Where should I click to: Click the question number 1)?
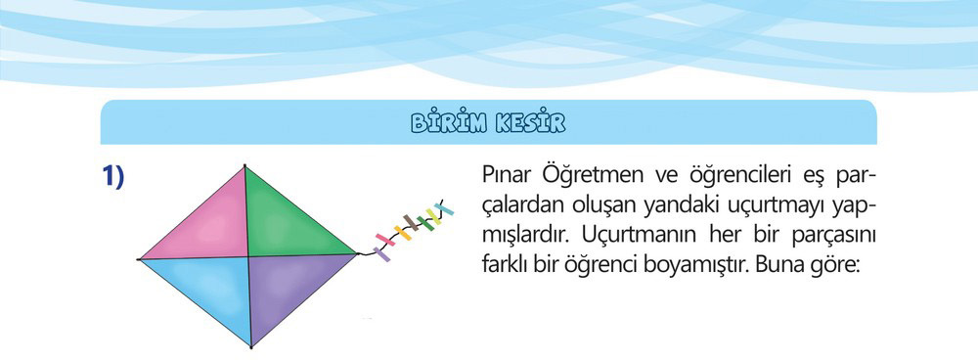coord(113,178)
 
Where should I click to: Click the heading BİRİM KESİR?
coord(488,123)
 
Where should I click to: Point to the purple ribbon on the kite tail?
coord(381,254)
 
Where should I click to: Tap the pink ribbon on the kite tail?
coord(384,240)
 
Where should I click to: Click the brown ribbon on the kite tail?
coord(411,222)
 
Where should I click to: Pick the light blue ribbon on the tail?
coord(445,208)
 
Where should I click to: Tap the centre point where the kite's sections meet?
coord(248,256)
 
